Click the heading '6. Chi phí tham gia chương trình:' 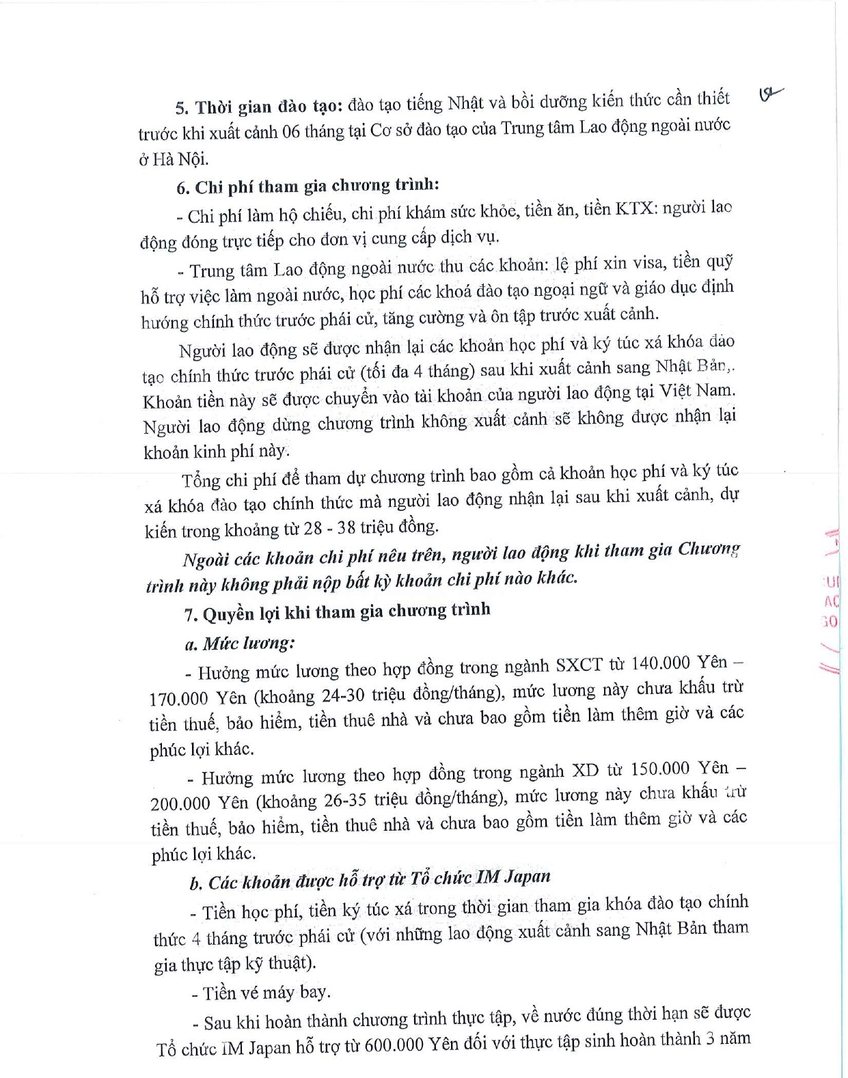pos(307,186)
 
